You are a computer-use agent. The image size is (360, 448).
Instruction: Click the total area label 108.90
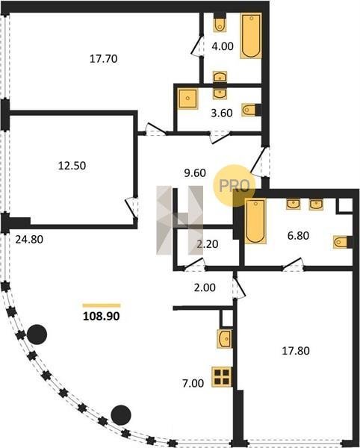point(101,317)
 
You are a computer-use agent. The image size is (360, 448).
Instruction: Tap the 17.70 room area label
point(103,59)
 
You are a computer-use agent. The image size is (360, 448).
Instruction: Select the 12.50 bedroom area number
point(72,166)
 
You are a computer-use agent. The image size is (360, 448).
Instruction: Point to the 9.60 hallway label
point(195,173)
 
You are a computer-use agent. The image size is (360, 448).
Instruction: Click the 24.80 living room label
point(29,240)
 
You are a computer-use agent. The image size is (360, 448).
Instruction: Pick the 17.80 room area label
point(296,351)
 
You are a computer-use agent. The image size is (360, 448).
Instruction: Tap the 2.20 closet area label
point(208,244)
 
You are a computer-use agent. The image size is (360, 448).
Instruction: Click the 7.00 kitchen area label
point(193,384)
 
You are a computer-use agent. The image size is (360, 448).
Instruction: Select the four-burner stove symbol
point(222,377)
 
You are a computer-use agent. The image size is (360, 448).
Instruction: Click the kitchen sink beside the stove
point(225,339)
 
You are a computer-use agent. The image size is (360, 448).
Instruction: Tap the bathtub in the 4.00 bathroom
point(251,36)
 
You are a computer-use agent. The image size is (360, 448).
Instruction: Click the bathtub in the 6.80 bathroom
point(255,222)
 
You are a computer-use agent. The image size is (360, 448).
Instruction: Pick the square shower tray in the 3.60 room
point(187,99)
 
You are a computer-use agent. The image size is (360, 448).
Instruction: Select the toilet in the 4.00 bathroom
point(220,23)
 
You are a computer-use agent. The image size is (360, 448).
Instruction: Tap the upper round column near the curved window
point(37,335)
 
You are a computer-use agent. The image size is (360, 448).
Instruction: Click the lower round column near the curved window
point(121,415)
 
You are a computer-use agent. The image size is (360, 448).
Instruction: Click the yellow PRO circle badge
point(235,186)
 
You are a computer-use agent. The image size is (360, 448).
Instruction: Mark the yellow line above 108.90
point(102,305)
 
